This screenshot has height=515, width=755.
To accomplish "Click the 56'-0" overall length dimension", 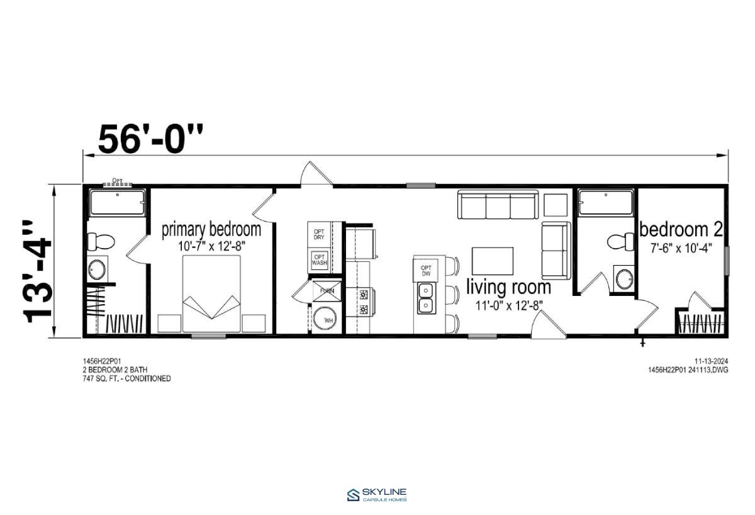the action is coord(150,139).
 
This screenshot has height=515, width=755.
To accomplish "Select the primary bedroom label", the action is coord(211,230).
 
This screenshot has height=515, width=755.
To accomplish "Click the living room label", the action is coord(508,287).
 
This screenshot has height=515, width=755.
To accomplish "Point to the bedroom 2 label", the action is coord(681,229).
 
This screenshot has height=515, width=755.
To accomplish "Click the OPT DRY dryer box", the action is coord(319,234).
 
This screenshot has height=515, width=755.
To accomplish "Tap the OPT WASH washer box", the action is coord(319,259).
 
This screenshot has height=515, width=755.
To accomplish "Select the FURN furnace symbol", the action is coord(327,291).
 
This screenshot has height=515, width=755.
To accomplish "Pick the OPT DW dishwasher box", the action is coord(426,271).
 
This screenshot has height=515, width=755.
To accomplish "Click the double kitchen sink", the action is coord(427,298).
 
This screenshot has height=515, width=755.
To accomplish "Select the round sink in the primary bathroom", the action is coord(97,269).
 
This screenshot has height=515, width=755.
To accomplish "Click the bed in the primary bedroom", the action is coord(211,293).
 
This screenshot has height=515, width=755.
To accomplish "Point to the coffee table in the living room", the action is coord(493,261).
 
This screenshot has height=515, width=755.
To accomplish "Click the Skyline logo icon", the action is coord(354,495).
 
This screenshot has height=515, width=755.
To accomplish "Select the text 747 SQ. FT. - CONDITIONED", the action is coord(126,379).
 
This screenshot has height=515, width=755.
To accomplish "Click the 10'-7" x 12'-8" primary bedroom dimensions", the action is coord(211,247).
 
